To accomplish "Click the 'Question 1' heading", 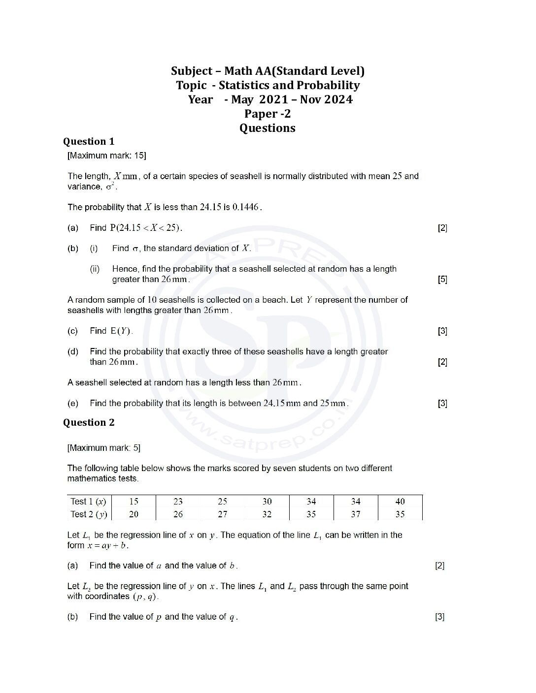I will point(89,142).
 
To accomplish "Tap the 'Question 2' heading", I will point(89,423).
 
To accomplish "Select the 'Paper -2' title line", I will point(268,114).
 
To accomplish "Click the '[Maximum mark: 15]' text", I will point(107,156).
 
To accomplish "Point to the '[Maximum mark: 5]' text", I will point(104,448).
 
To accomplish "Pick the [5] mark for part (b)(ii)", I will point(442,280).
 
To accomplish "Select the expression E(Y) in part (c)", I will point(121,331).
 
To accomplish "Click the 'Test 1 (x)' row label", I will point(88,502).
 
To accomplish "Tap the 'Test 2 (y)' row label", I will point(88,514).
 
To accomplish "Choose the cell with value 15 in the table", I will point(134,502).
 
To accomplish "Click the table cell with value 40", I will point(400,502).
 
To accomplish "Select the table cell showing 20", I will point(134,514).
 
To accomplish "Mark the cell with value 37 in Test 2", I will point(356,514).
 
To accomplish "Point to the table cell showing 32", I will point(267,514).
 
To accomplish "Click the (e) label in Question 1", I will point(73,404).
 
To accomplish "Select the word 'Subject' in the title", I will point(192,71).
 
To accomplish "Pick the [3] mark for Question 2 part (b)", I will point(440,617).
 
